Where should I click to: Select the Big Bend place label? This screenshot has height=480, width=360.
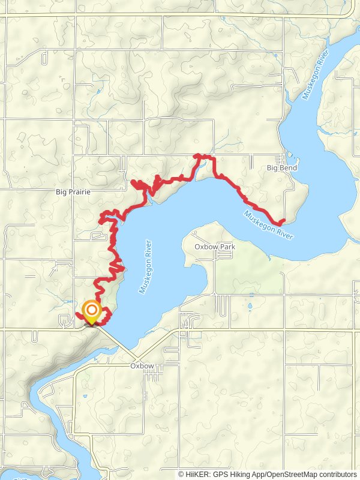click(x=282, y=168)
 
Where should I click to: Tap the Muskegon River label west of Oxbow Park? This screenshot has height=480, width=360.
click(x=145, y=267)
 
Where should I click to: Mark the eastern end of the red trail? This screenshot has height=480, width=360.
click(x=284, y=220)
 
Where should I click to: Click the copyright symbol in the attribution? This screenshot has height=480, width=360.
click(x=181, y=474)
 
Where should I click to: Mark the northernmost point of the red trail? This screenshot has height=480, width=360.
click(x=198, y=155)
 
